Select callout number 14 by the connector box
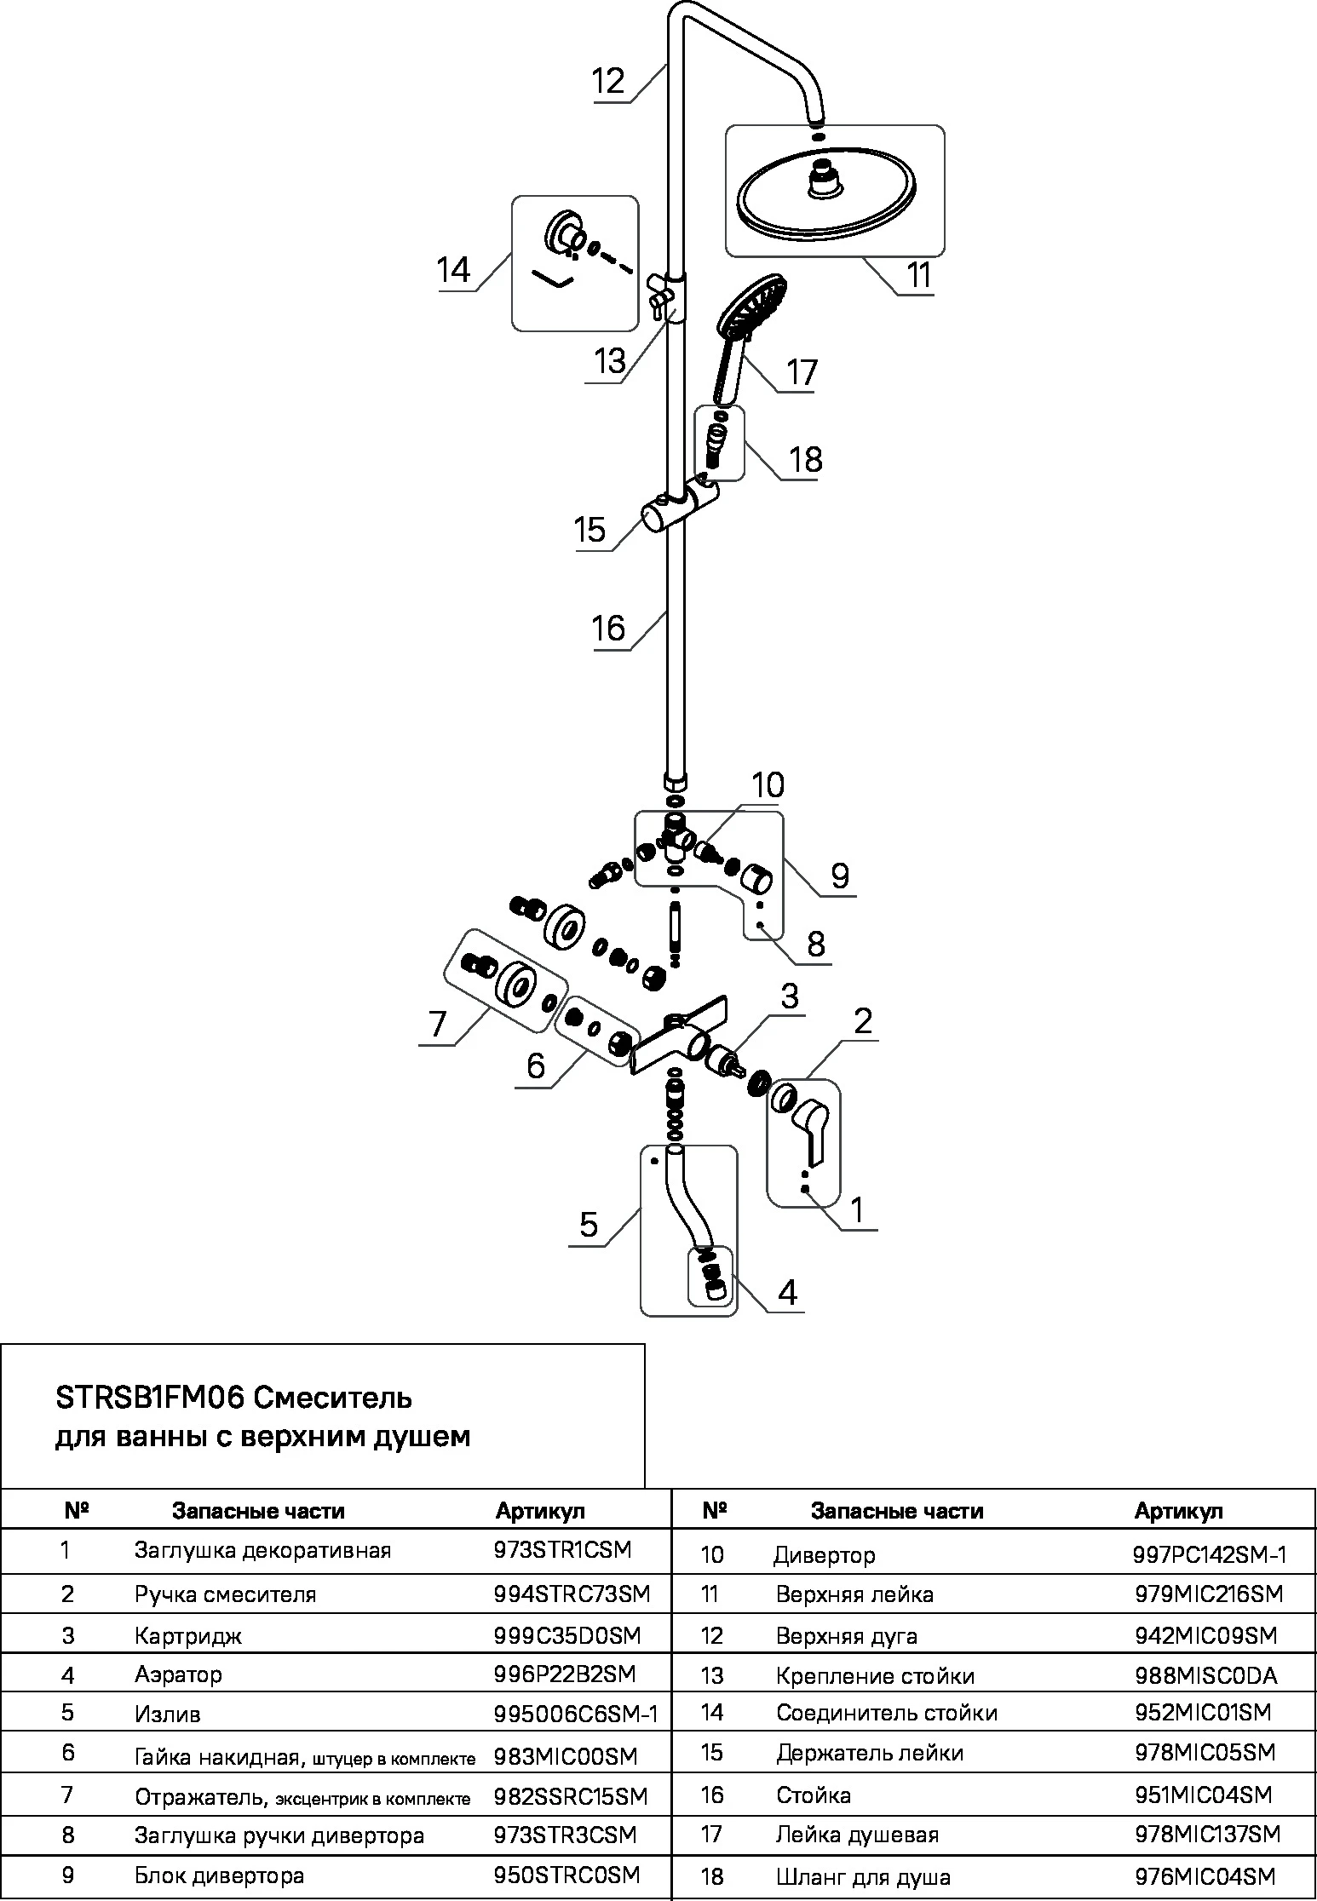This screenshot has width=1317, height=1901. pos(453,270)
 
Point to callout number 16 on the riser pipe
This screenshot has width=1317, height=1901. pos(608,629)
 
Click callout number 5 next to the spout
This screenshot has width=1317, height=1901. pos(589,1225)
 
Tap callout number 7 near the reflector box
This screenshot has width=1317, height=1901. pos(438,1023)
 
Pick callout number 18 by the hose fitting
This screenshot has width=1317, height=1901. pos(805,459)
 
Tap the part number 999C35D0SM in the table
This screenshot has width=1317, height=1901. pos(567,1635)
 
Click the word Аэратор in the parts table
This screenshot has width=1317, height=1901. pos(178,1674)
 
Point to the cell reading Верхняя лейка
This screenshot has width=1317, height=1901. pos(854,1594)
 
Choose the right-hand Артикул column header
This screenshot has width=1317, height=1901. pos(1178,1511)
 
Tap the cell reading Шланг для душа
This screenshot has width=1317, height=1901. pos(863,1877)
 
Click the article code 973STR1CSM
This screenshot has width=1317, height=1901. pos(562,1550)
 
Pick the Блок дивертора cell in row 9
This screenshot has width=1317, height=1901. pos(219,1875)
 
